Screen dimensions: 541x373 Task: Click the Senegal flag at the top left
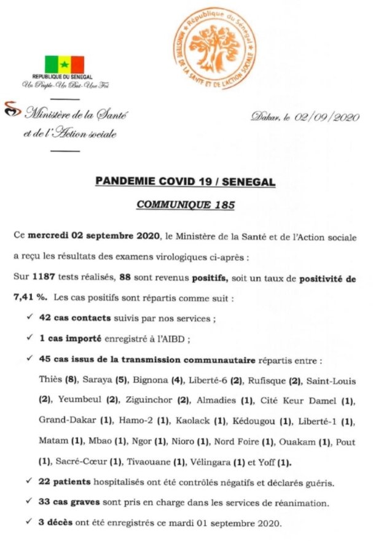point(65,64)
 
